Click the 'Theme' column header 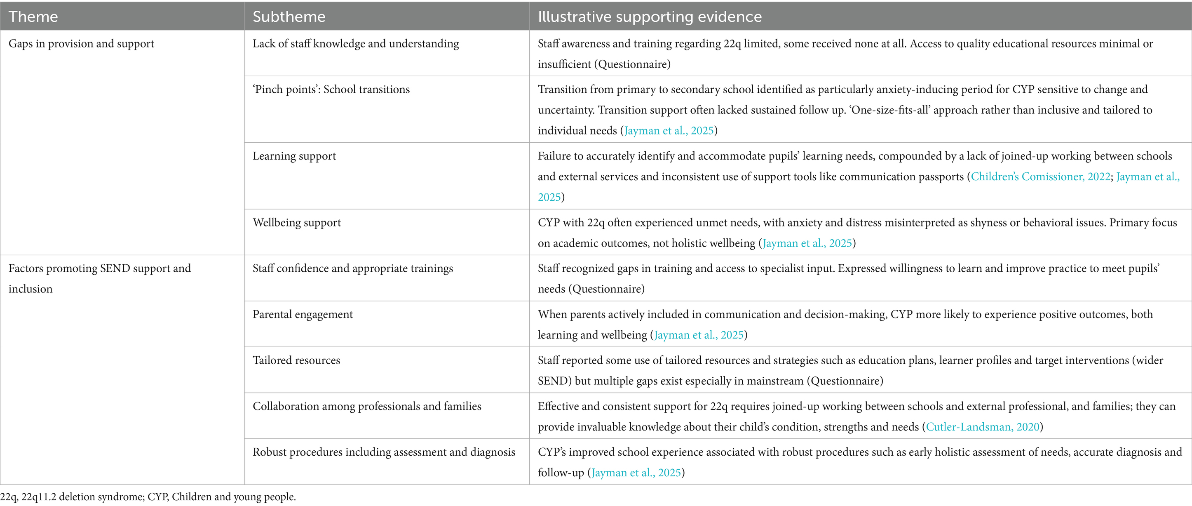[33, 16]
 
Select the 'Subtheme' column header [289, 16]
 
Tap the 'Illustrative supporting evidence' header [649, 16]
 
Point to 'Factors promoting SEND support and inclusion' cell [99, 278]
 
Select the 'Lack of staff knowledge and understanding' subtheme [355, 44]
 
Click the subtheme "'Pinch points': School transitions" [331, 89]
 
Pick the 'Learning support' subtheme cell [294, 156]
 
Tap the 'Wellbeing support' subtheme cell [297, 223]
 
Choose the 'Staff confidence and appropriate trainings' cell [352, 268]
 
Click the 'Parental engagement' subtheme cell [303, 314]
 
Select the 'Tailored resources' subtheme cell [296, 360]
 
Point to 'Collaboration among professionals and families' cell [366, 406]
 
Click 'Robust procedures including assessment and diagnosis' [384, 452]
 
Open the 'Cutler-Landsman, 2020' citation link [982, 427]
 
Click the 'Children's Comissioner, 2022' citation [1040, 177]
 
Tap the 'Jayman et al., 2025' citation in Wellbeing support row [807, 243]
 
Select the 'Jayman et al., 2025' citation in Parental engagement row [699, 335]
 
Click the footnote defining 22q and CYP [148, 497]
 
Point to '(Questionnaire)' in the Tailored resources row [845, 381]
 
